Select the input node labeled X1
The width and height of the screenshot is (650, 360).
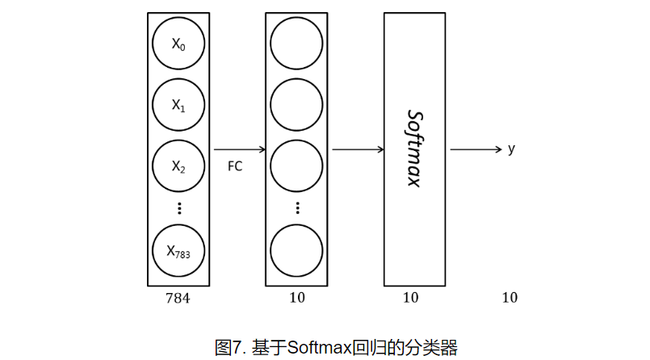[x=178, y=105]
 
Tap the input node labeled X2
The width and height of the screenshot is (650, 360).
[x=178, y=166]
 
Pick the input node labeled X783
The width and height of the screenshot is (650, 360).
[x=178, y=251]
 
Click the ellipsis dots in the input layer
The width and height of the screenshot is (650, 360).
[x=178, y=207]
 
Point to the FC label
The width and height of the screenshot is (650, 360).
[x=235, y=167]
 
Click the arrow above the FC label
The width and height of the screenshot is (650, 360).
[x=240, y=149]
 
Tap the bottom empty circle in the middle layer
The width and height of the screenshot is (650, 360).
[x=296, y=251]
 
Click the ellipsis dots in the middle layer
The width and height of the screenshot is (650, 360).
[x=296, y=207]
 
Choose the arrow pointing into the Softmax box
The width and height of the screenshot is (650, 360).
[x=358, y=149]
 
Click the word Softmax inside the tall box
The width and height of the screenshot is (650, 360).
[x=413, y=149]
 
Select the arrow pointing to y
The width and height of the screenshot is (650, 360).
[x=476, y=149]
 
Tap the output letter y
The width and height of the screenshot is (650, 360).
[x=511, y=149]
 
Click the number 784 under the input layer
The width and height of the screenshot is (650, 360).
[x=178, y=298]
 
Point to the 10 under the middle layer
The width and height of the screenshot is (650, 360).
[x=296, y=298]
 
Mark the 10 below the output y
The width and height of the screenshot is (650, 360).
[x=510, y=298]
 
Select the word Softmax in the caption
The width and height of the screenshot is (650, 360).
[x=319, y=348]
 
